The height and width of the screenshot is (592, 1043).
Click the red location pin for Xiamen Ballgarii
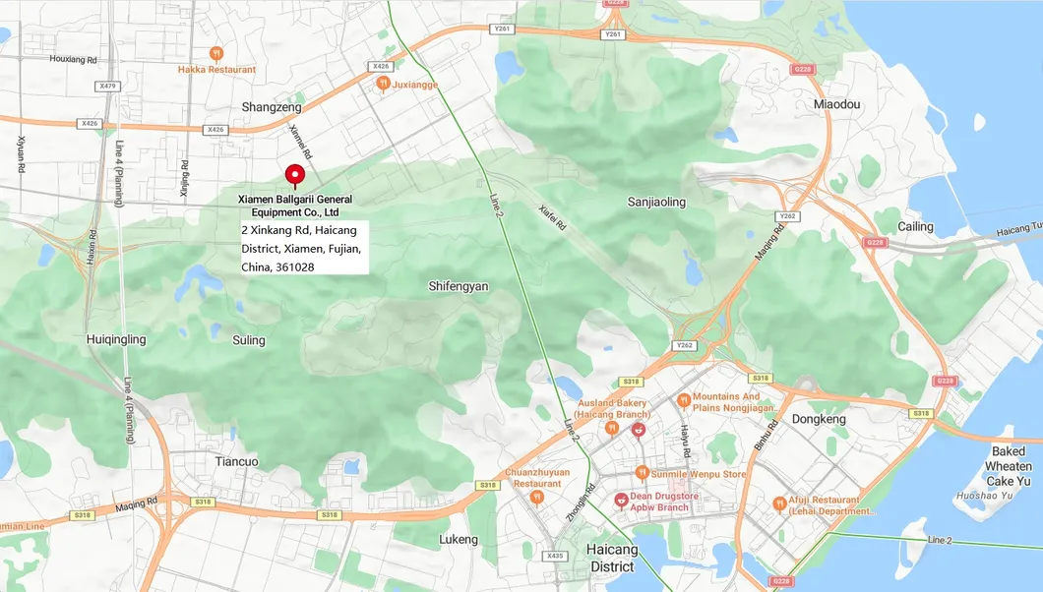[294, 175]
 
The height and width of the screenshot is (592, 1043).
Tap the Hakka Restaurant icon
[216, 53]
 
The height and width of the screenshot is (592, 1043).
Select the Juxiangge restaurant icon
[383, 85]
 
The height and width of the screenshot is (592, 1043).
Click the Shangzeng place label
[272, 106]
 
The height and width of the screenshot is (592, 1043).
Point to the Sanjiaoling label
[656, 202]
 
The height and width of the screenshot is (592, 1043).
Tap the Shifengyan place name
[459, 286]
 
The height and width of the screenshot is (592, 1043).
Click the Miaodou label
[836, 104]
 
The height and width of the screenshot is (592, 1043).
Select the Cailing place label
[915, 227]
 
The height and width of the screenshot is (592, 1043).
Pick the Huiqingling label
[116, 340]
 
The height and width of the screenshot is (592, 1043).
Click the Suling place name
[249, 340]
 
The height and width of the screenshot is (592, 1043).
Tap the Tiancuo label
[236, 461]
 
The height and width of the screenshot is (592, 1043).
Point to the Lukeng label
[459, 539]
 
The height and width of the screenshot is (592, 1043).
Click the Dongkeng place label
[819, 419]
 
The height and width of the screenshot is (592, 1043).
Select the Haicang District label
[612, 558]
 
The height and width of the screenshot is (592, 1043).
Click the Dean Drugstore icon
[621, 501]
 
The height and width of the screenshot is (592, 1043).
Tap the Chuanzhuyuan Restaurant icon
[536, 497]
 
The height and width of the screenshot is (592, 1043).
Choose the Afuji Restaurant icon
[779, 503]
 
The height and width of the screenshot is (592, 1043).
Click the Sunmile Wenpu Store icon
[642, 473]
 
